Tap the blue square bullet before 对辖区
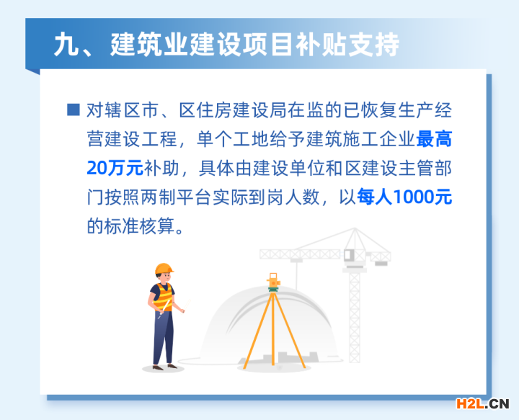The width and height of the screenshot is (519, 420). pos(73,110)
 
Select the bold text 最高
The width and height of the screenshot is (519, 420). pos(434,139)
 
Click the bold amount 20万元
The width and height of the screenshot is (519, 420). pos(115,168)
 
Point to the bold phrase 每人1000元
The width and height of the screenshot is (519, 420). pos(404,197)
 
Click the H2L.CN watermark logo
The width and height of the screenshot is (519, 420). pos(482,403)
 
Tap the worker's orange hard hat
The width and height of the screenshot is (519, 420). pos(164,269)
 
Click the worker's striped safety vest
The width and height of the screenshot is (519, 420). pos(163,297)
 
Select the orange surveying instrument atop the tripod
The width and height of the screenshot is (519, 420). pos(273,282)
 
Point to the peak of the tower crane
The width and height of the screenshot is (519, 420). pos(355,228)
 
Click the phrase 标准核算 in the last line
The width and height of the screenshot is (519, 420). pos(139,226)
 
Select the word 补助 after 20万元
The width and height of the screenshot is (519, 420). pos(161,168)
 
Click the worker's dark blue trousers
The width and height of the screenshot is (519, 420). pos(163,337)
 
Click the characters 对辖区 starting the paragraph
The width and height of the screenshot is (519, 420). pos(113,110)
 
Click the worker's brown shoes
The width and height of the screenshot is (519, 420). pos(164,367)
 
